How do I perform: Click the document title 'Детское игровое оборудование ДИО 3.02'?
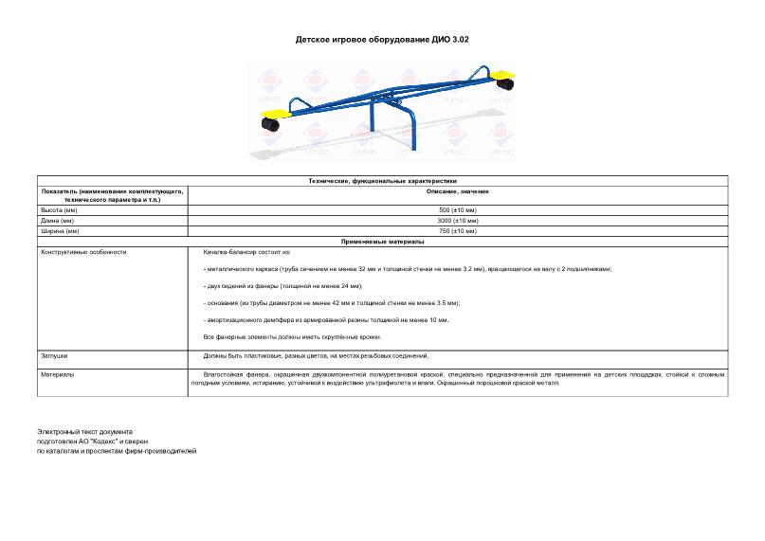coord(382,41)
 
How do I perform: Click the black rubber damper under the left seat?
coord(268,124)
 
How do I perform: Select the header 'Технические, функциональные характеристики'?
coord(382,180)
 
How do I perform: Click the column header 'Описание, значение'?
coord(458,190)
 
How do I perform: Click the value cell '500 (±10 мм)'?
coord(458,209)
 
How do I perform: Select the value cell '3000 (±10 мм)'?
coord(458,220)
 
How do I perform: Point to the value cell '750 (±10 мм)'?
coord(458,230)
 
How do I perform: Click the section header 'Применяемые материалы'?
coord(382,242)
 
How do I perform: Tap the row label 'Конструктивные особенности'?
coord(82,252)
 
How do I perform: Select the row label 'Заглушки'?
coord(53,356)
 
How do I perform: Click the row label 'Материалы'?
coord(56,374)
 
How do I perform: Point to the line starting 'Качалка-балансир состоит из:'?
coord(247,252)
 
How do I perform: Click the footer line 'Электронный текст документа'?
coord(85,432)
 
